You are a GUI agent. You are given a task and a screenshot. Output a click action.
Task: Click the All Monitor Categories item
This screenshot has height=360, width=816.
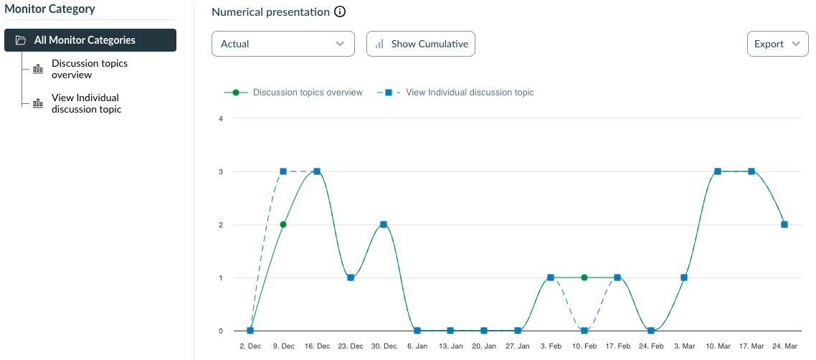(x=90, y=40)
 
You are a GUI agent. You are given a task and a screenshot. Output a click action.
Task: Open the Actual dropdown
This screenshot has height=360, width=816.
(x=283, y=44)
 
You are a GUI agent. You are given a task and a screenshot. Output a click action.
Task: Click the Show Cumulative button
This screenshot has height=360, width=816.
(x=421, y=44)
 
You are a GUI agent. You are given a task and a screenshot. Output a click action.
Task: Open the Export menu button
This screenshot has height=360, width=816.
(x=777, y=44)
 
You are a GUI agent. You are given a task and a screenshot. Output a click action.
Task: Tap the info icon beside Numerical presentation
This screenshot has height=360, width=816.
(x=341, y=12)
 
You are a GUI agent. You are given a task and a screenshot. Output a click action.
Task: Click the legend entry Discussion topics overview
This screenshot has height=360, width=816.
(x=308, y=93)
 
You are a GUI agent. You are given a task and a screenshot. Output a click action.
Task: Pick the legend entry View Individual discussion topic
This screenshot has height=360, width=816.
(x=470, y=93)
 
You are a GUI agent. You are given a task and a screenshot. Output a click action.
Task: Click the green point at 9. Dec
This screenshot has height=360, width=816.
(x=283, y=224)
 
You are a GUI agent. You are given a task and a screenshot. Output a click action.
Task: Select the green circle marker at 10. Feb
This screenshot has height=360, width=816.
(x=584, y=278)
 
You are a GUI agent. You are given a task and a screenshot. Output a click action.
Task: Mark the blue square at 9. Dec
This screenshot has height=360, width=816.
(x=283, y=171)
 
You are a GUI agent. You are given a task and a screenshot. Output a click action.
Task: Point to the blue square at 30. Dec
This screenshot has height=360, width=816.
(x=384, y=224)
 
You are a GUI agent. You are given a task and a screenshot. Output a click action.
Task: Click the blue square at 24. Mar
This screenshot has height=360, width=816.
(x=784, y=224)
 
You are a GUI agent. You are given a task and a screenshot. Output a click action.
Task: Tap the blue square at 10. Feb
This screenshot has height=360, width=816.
(x=584, y=331)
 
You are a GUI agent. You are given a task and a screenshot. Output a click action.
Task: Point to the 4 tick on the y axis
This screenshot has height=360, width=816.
(x=221, y=118)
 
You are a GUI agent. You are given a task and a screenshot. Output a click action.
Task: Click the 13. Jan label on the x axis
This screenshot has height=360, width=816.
(x=450, y=346)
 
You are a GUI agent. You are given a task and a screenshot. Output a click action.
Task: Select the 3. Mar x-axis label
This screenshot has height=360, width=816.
(x=684, y=346)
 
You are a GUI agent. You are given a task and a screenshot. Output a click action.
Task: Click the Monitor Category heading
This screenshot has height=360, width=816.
(x=50, y=9)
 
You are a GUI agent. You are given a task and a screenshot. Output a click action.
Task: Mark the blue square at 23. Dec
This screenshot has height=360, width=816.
(x=350, y=278)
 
